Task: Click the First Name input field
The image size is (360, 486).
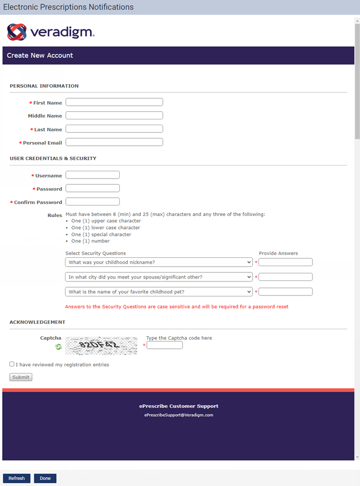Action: pos(114,102)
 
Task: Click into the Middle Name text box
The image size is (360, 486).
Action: pos(114,115)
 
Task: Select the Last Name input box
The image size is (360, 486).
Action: pos(114,129)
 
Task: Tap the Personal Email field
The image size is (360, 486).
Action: pos(114,142)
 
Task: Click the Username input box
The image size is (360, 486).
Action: pos(92,175)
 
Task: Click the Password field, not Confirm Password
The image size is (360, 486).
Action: pos(92,188)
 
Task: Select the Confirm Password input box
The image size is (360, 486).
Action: pos(92,202)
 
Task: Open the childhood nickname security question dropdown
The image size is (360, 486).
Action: pos(159,262)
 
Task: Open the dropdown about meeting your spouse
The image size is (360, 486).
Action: pos(159,277)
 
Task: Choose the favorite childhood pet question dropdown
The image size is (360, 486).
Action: pos(159,292)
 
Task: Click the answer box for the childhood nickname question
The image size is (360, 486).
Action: pos(285,262)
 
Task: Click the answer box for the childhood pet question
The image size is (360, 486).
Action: pos(285,292)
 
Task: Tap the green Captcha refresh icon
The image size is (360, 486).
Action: pos(59,346)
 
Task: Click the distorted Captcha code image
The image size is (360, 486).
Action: pos(101,345)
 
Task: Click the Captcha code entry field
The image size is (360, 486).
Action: pos(165,345)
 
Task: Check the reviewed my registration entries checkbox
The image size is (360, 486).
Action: pos(12,364)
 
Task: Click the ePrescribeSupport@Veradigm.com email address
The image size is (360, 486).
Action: pos(179,415)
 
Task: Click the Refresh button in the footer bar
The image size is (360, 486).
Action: pos(16,478)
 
